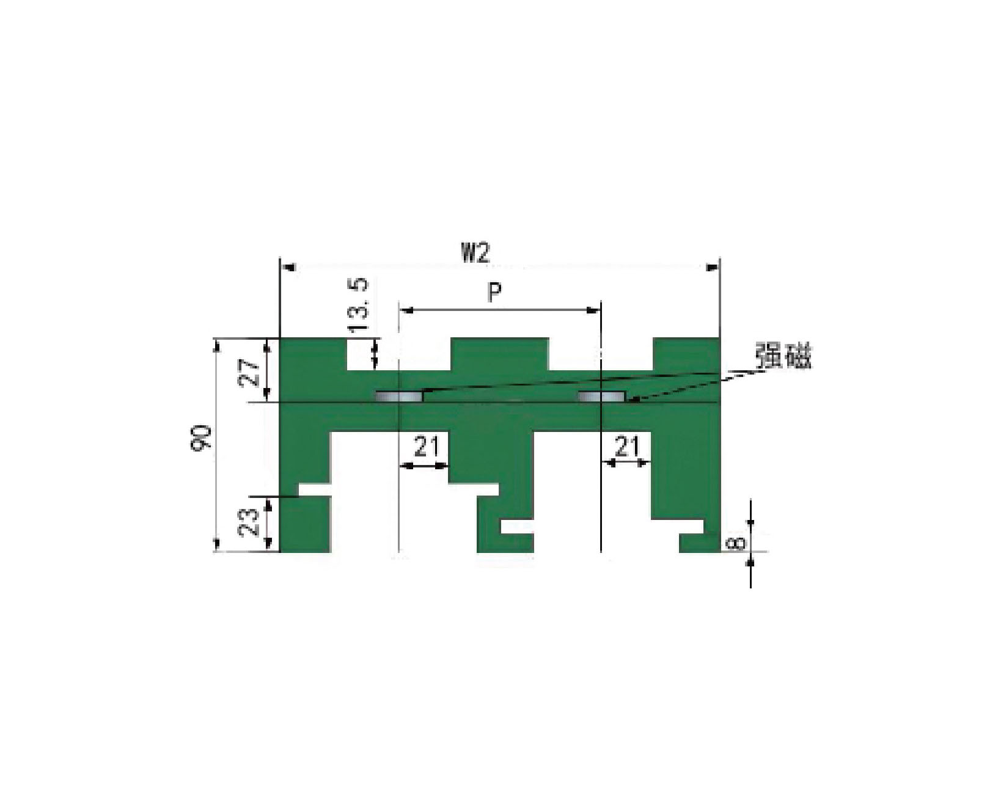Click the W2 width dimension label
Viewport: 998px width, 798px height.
click(475, 253)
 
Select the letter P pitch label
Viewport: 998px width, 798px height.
click(495, 293)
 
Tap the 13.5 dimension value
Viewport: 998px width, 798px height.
click(359, 305)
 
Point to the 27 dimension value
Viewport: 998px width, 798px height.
click(249, 375)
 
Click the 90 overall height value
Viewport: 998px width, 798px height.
click(201, 437)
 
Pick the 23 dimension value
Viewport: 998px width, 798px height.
click(249, 522)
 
